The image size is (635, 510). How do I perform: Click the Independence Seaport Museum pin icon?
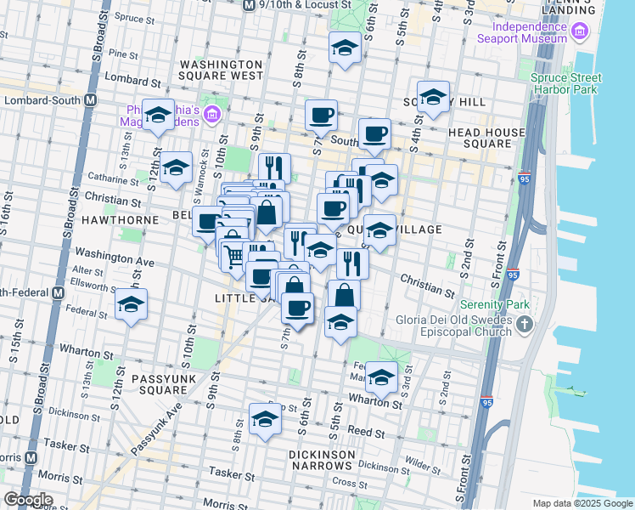580,32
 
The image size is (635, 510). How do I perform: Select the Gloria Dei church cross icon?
525,323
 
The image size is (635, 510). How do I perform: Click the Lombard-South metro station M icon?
89,100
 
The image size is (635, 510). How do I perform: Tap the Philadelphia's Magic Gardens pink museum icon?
211,115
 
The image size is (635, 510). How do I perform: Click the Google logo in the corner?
28,499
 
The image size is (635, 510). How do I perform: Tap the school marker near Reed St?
265,419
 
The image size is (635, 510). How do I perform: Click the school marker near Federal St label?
131,305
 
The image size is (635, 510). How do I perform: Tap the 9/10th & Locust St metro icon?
249,5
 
